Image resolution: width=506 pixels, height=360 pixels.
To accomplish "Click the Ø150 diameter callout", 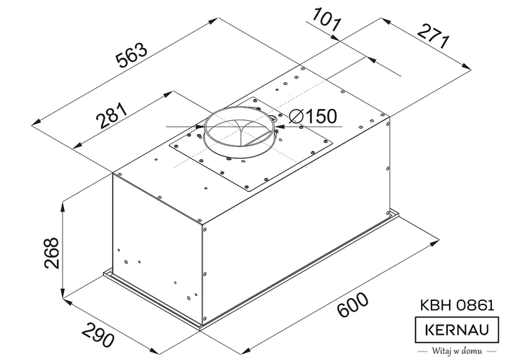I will pos(311,116).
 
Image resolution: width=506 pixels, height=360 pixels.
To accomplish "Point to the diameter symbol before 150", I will pos(294,116).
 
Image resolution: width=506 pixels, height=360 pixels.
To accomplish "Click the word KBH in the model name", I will pos(430,306).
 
